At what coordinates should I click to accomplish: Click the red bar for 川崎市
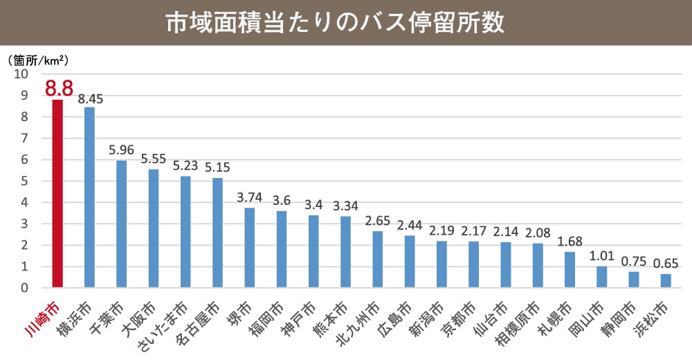pos(57,194)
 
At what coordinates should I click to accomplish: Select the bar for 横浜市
pos(89,197)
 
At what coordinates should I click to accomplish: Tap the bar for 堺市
pos(249,247)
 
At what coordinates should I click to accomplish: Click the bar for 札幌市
pos(570,269)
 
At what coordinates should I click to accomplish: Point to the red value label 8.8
pos(58,89)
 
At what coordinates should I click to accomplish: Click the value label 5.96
pos(121,150)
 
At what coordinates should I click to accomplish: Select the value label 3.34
pos(345,206)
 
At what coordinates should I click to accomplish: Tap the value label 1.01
pos(601,255)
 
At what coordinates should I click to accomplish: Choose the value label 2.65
pos(377,220)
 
